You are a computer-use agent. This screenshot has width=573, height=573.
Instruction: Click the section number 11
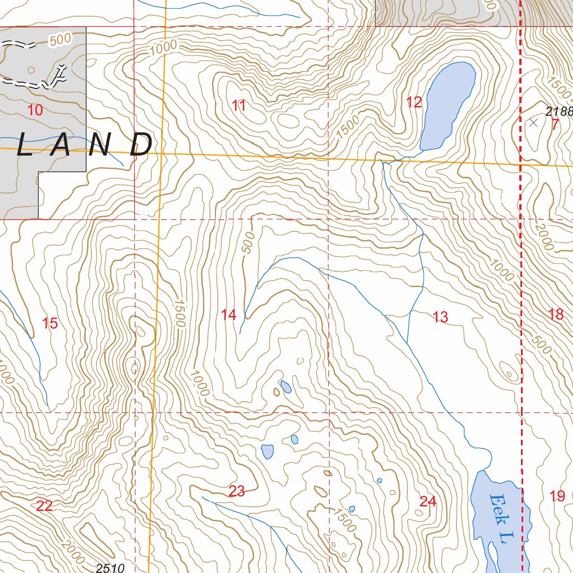point(239,105)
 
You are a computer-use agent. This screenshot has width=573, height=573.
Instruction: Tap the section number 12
point(414,102)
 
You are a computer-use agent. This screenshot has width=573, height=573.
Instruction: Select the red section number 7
point(555,124)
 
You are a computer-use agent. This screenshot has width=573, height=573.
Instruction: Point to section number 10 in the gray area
point(35,110)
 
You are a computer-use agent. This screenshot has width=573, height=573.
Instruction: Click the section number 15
point(50,323)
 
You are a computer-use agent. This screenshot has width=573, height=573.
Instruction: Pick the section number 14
point(228,314)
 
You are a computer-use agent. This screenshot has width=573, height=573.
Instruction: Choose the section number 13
point(440,317)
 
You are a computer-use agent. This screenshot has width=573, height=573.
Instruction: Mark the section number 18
point(556,314)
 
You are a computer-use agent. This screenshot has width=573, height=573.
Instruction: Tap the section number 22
point(44,506)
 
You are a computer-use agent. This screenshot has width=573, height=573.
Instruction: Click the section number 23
point(237,491)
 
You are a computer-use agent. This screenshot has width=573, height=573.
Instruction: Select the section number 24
point(428,501)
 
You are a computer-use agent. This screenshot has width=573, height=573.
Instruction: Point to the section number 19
point(557,496)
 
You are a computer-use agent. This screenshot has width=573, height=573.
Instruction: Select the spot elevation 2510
point(109,568)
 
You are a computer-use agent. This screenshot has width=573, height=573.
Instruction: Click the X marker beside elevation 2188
point(533,123)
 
